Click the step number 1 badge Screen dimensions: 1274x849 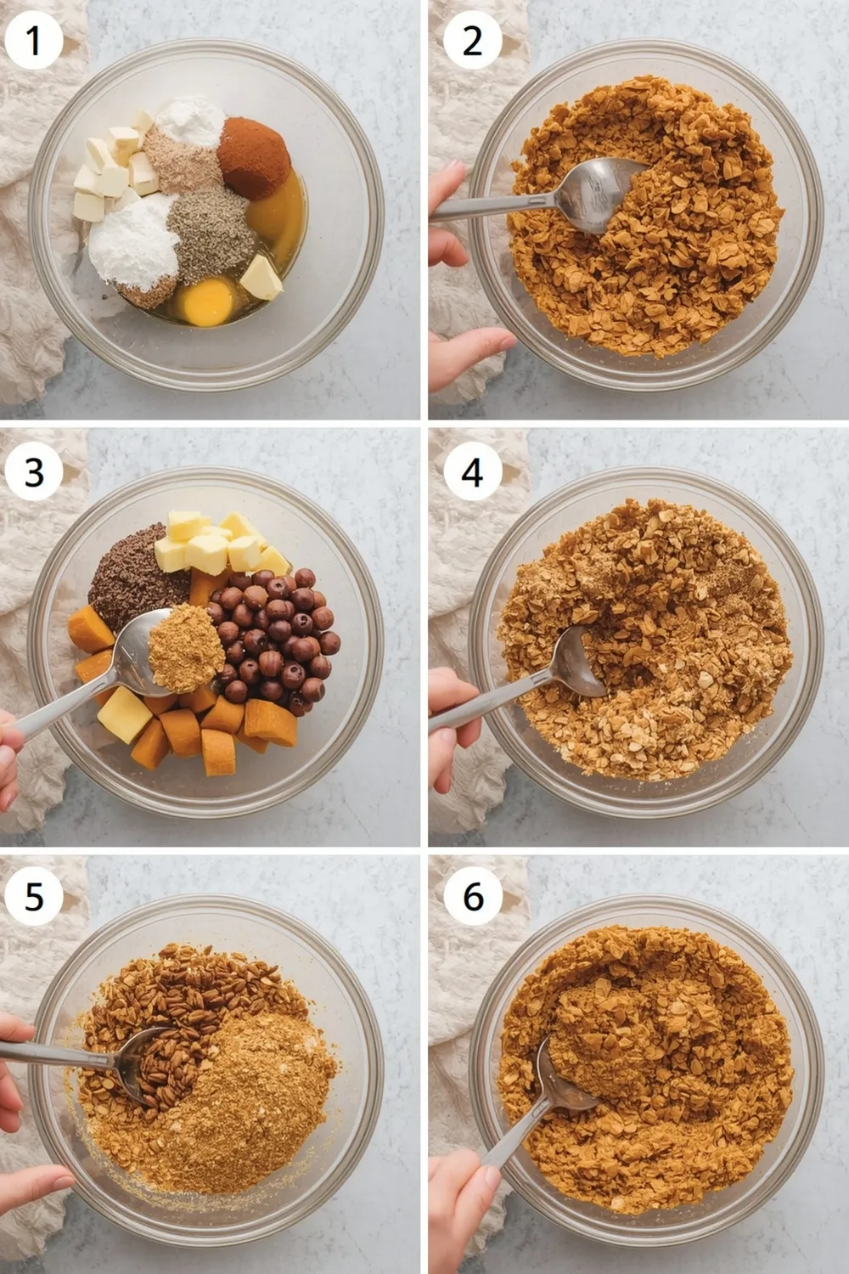tap(34, 40)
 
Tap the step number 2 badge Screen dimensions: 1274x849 tap(473, 40)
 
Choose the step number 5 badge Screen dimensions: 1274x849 tap(34, 896)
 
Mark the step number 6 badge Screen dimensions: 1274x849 tap(473, 896)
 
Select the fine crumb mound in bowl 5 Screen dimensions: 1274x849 tap(255, 1096)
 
